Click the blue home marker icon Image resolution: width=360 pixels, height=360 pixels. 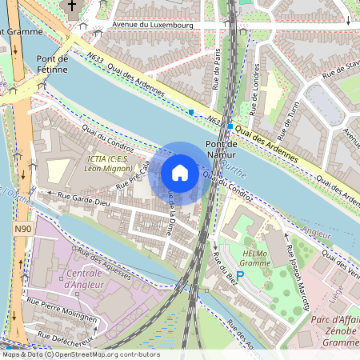click(180, 173)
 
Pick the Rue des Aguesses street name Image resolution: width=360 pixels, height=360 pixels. click(101, 265)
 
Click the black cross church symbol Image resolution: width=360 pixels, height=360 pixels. click(72, 6)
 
